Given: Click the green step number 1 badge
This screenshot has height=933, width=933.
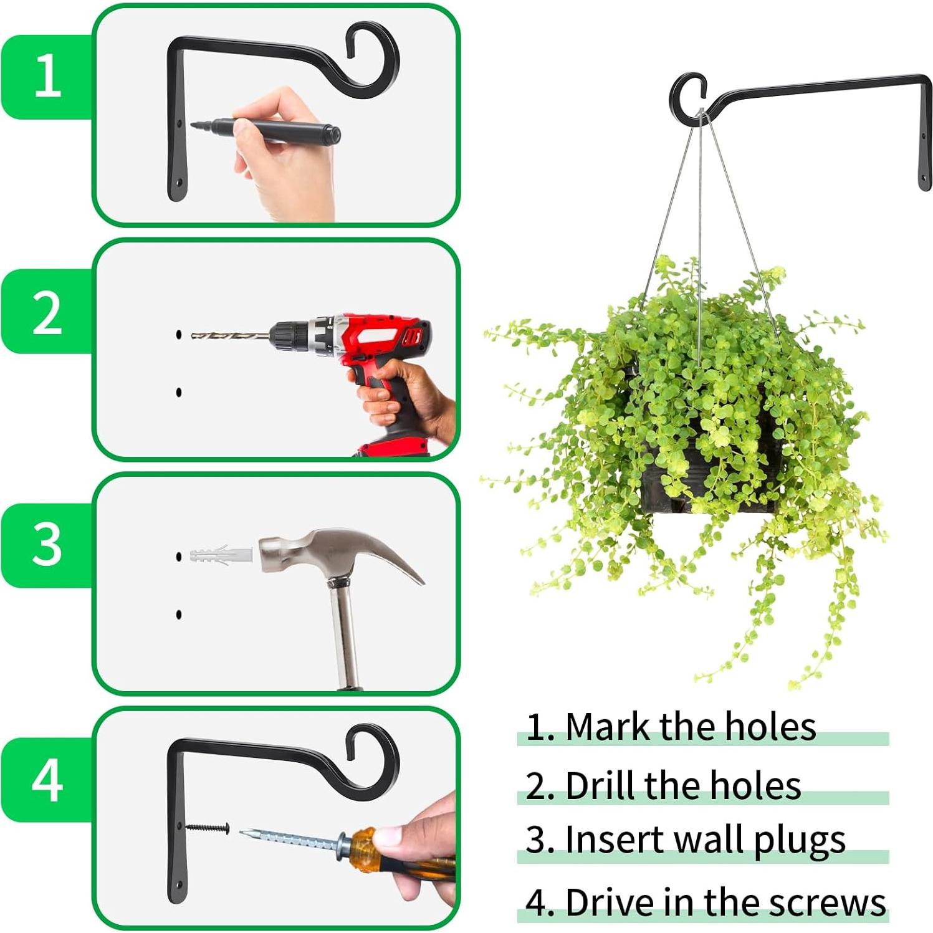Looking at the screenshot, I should (47, 75).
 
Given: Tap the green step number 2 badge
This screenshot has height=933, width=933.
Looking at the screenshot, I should (47, 312).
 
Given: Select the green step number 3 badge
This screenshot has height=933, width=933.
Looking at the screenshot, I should (47, 544).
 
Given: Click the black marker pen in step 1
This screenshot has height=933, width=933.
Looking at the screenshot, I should (274, 130).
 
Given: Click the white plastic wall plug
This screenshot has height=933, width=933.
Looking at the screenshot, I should (221, 554).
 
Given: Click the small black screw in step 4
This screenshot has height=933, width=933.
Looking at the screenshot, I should (208, 828).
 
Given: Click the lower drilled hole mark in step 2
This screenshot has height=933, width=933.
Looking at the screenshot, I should (179, 392).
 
